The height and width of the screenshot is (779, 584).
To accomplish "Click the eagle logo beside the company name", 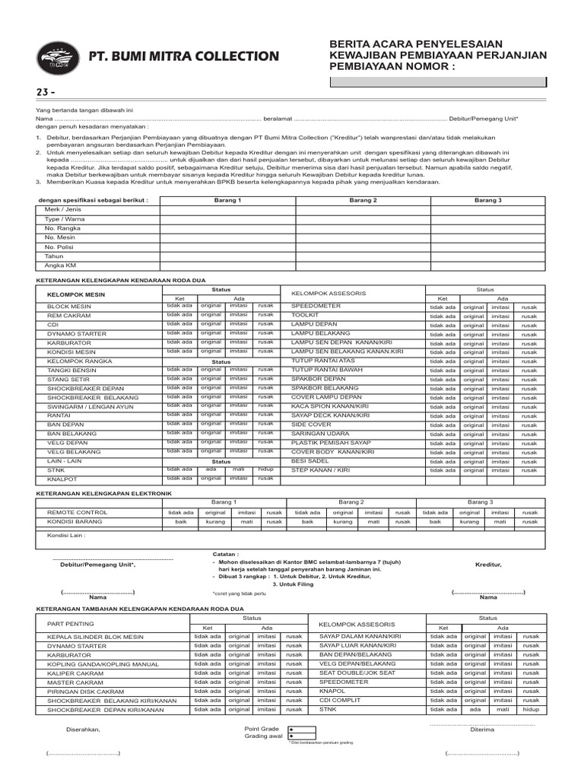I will [61, 56].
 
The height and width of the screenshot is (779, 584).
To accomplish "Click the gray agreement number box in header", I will [437, 82].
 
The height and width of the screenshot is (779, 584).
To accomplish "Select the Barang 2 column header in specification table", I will [363, 200].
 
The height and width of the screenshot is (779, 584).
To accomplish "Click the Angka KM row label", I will [60, 265].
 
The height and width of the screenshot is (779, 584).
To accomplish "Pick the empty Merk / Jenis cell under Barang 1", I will [227, 209].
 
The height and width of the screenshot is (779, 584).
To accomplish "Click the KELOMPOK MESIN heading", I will [77, 294].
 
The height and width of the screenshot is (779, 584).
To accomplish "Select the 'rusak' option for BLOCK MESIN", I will [265, 306].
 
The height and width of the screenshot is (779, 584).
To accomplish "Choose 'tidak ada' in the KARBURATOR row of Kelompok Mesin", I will [179, 342].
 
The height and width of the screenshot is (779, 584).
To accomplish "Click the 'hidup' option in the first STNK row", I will [265, 469].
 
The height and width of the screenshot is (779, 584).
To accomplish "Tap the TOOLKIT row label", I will [305, 314].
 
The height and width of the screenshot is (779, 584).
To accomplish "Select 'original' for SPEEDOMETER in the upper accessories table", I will [474, 307].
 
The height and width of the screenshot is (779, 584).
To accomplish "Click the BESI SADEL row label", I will [309, 461].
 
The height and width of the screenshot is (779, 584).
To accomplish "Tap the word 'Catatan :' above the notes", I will [227, 555].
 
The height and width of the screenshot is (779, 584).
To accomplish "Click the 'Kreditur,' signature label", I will [488, 565].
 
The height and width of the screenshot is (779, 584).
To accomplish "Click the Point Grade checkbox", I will [292, 729].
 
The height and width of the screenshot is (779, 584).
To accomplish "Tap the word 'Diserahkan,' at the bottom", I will [84, 730].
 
